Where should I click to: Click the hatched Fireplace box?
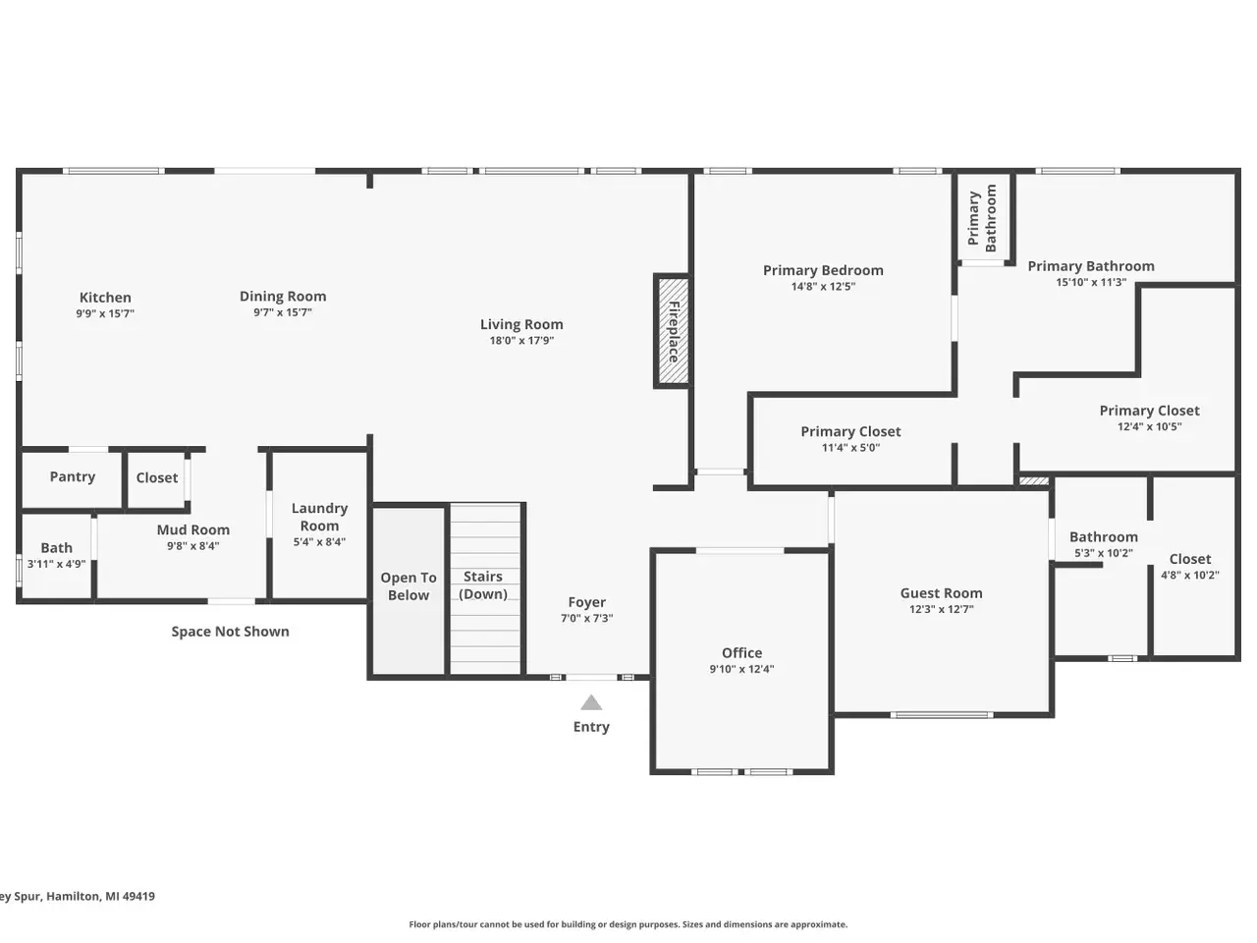(673, 331)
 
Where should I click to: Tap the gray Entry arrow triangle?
(591, 702)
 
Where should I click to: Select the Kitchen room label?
(105, 298)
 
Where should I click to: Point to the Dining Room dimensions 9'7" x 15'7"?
(283, 312)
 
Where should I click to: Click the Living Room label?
(521, 324)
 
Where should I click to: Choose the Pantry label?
(72, 477)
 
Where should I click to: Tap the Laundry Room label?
(319, 517)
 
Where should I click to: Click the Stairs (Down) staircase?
(485, 589)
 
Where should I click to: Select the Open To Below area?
(409, 590)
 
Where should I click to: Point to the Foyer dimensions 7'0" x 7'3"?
(587, 619)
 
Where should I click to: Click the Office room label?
(741, 652)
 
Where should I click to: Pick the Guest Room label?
(941, 593)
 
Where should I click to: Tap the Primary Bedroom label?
(823, 270)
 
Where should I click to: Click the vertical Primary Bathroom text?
(982, 218)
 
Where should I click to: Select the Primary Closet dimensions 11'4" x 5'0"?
(850, 448)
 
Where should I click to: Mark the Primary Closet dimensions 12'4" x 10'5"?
(1149, 426)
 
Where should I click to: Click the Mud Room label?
(193, 529)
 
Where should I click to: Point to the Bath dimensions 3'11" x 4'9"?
(56, 564)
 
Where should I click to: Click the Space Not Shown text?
(230, 632)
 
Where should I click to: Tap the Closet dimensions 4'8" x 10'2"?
(1190, 575)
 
